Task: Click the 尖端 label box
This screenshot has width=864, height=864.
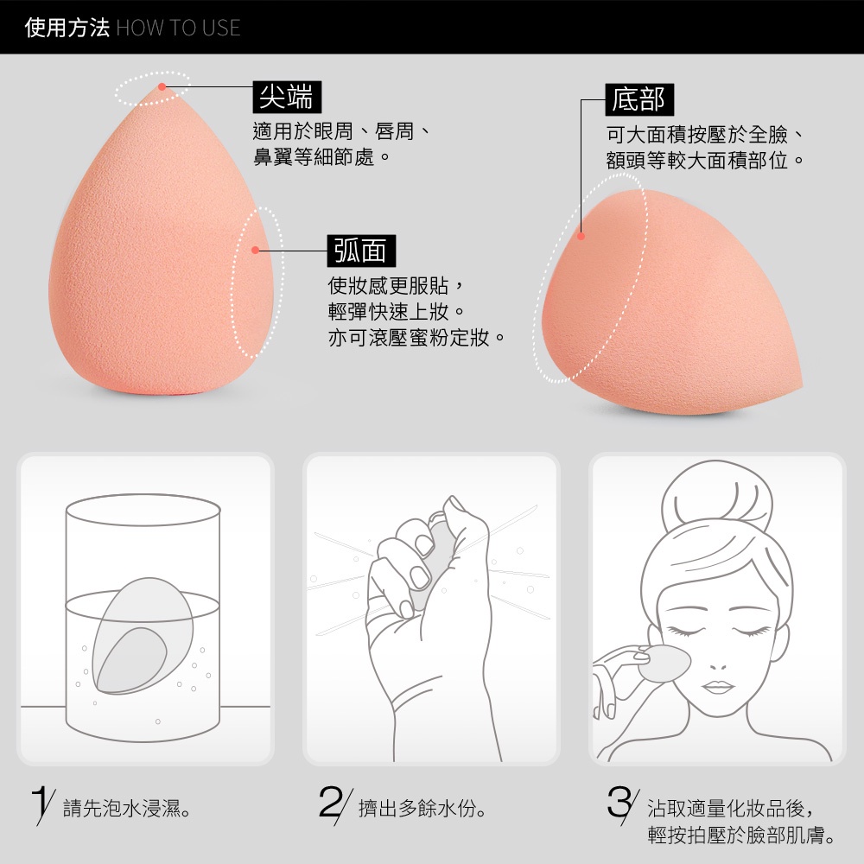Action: pyautogui.click(x=287, y=97)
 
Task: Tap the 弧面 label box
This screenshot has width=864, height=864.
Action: pyautogui.click(x=361, y=251)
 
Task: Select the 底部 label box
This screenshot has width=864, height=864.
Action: pyautogui.click(x=639, y=99)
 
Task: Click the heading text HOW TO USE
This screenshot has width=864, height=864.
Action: pyautogui.click(x=179, y=29)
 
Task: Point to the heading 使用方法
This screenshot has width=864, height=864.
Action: pyautogui.click(x=67, y=28)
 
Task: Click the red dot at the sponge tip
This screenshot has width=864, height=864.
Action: pyautogui.click(x=162, y=86)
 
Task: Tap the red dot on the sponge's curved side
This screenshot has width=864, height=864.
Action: pyautogui.click(x=255, y=251)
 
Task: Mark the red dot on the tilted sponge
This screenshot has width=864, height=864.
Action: pyautogui.click(x=581, y=237)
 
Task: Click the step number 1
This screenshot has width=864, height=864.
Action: pyautogui.click(x=40, y=804)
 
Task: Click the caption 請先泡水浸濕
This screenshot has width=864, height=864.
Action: pyautogui.click(x=127, y=809)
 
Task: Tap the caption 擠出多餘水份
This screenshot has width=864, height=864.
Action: pyautogui.click(x=422, y=809)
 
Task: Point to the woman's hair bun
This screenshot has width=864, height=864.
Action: pyautogui.click(x=717, y=498)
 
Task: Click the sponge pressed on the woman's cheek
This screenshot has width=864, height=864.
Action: pyautogui.click(x=664, y=664)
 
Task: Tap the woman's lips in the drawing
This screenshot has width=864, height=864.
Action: pyautogui.click(x=718, y=687)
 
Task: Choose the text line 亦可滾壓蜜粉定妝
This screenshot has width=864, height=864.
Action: pyautogui.click(x=416, y=338)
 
